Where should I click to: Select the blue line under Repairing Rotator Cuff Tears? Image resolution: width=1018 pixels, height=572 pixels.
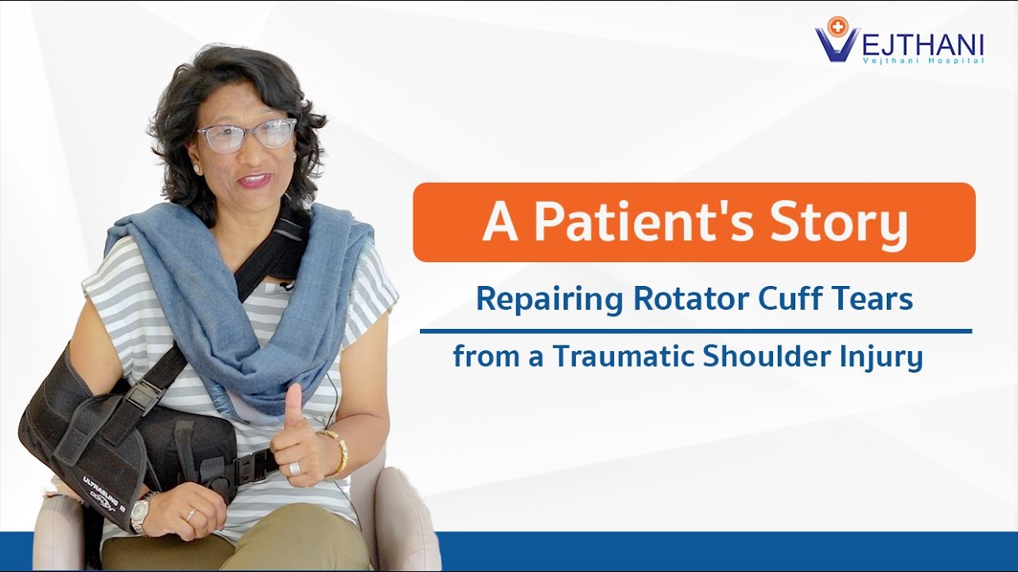coord(695,330)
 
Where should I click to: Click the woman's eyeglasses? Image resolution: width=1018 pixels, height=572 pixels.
coord(247,134)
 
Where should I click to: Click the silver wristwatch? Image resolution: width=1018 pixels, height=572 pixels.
coord(140,513)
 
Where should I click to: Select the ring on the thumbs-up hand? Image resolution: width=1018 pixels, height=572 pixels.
coord(294,468)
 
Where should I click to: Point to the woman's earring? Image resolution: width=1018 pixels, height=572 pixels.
coord(196,169)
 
